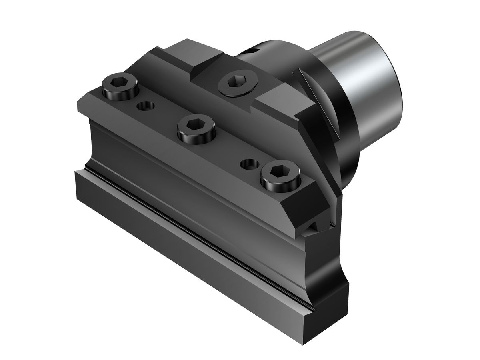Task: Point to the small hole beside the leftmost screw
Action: click(145, 106)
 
